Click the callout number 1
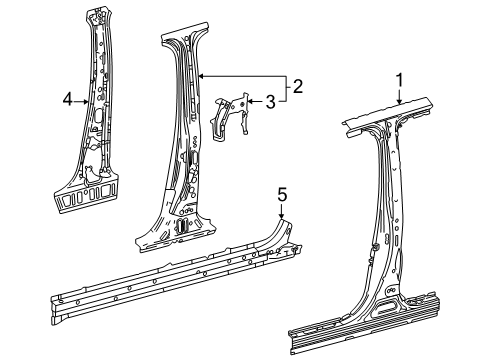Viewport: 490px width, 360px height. [x=399, y=82]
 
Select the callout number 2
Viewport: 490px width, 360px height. [x=297, y=86]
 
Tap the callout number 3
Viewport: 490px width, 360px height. [x=271, y=101]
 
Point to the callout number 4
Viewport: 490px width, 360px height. [x=68, y=99]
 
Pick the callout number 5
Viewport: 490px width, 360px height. [x=282, y=195]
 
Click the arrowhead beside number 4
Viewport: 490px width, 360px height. [x=86, y=102]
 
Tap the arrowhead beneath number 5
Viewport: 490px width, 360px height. [x=282, y=215]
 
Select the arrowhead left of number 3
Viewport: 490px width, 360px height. [x=251, y=101]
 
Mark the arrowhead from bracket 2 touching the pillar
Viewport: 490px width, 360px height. [x=202, y=77]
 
